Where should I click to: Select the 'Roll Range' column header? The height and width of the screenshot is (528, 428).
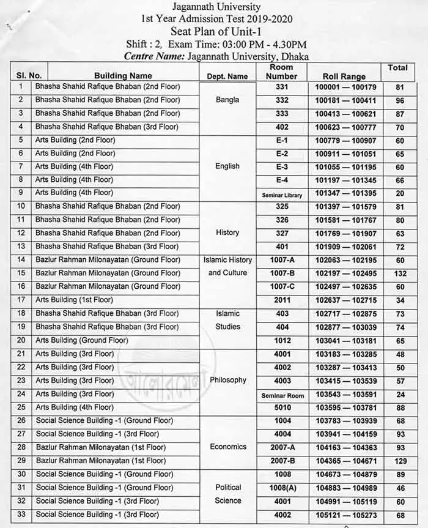(344, 76)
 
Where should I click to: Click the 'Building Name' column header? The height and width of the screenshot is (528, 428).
(123, 76)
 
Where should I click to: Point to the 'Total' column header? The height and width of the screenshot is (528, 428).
(397, 67)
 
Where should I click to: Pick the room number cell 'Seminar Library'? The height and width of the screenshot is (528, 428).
(282, 193)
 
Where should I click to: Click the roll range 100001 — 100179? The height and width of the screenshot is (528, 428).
(345, 87)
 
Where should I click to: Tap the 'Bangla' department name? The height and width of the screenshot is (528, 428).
(227, 100)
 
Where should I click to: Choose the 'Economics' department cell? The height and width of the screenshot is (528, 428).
(228, 447)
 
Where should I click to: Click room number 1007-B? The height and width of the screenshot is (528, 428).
(282, 273)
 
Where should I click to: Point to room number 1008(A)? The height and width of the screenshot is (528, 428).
(282, 488)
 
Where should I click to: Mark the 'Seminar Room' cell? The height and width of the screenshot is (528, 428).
(282, 395)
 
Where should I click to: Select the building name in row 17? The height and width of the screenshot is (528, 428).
(75, 300)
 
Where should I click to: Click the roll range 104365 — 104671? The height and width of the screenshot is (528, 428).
(345, 461)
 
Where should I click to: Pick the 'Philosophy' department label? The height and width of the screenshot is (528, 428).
(228, 380)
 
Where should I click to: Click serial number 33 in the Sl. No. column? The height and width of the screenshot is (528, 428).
(21, 515)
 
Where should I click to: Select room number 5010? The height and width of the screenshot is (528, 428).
(282, 407)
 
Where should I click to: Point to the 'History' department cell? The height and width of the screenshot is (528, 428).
(227, 232)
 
